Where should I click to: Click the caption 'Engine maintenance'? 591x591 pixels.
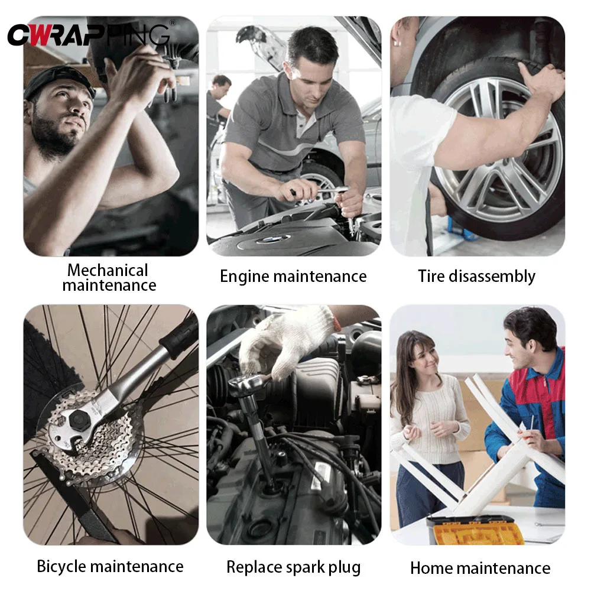tap(293, 277)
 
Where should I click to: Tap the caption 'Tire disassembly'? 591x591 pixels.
tap(476, 277)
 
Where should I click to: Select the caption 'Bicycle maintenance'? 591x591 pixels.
tap(110, 566)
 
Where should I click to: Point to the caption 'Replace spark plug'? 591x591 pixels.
tap(293, 567)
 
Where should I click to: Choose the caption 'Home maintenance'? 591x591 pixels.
tap(480, 569)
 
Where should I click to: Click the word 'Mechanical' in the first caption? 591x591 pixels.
tap(108, 270)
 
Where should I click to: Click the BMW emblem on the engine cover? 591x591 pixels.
tap(272, 239)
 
